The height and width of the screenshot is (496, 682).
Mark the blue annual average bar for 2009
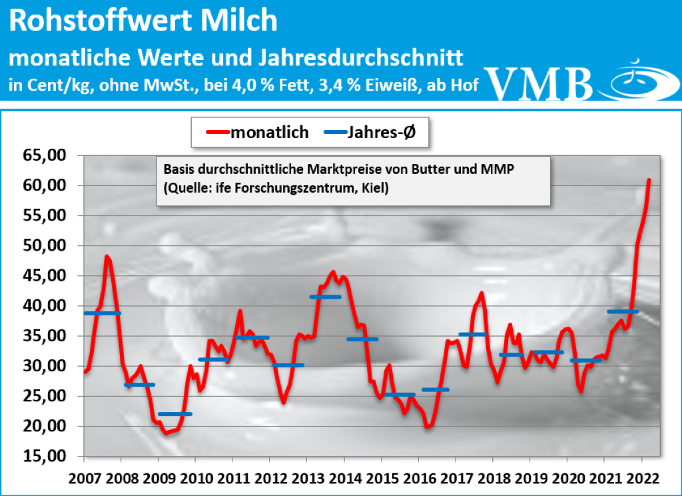click(x=175, y=414)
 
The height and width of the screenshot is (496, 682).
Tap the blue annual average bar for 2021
click(x=623, y=311)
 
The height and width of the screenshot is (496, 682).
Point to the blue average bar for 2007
click(x=102, y=313)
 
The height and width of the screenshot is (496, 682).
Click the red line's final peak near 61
click(x=649, y=180)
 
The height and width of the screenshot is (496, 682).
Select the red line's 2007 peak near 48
click(x=107, y=256)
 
